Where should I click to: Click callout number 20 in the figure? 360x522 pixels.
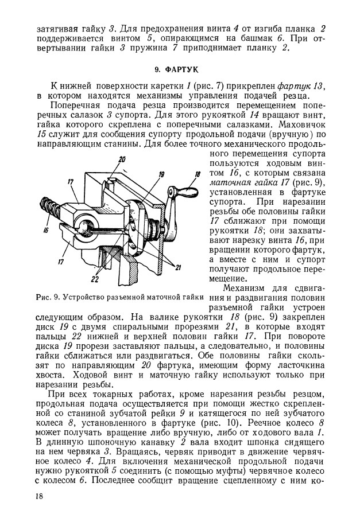pyautogui.click(x=122, y=159)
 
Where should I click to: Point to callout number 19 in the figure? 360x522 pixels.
pyautogui.click(x=161, y=174)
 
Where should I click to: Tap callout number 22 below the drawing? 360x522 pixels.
pyautogui.click(x=94, y=279)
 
